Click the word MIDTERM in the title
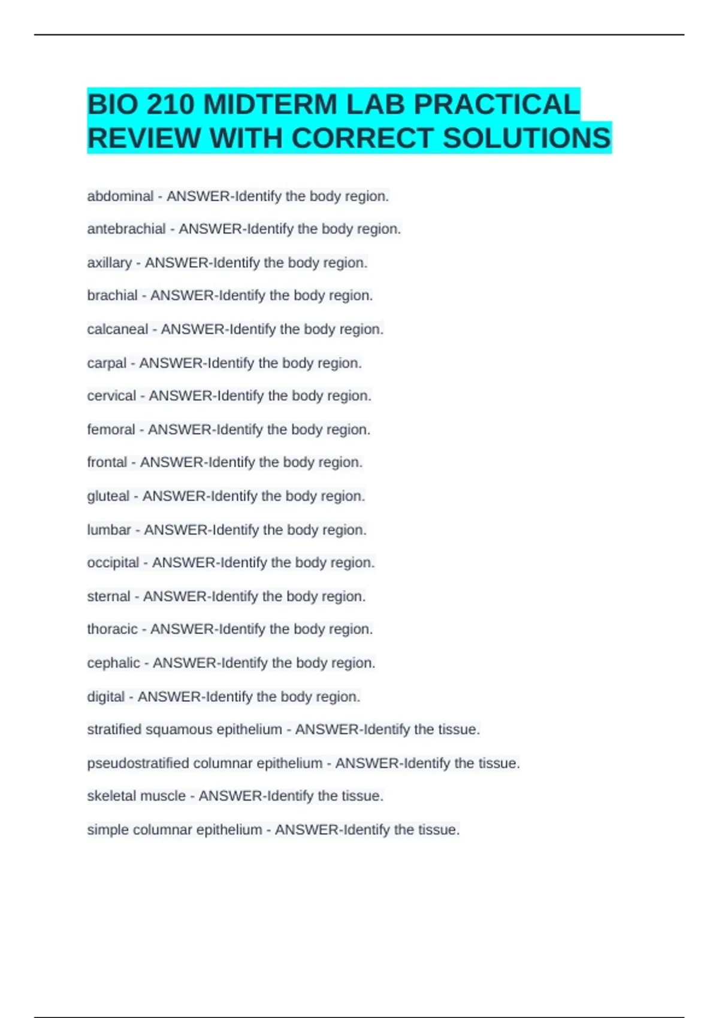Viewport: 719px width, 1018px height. click(x=270, y=105)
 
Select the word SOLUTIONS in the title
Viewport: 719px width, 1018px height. click(x=527, y=138)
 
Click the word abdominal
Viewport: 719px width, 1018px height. click(x=120, y=196)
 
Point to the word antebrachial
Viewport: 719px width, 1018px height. click(x=126, y=229)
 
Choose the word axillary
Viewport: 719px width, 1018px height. click(x=110, y=263)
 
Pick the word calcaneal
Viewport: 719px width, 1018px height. click(x=117, y=329)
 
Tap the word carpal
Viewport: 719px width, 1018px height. click(x=107, y=363)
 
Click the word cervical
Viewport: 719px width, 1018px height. click(x=111, y=396)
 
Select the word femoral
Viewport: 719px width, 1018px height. click(x=111, y=429)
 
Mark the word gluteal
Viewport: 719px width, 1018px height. click(x=108, y=496)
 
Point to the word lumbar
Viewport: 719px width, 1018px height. click(x=109, y=530)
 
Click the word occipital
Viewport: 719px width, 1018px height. click(x=113, y=563)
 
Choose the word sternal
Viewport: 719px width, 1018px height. click(x=108, y=596)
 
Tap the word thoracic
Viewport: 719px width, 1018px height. click(x=112, y=629)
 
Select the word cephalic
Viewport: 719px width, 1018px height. click(x=113, y=663)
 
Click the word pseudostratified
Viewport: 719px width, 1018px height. click(x=138, y=764)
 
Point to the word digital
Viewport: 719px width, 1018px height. click(x=106, y=697)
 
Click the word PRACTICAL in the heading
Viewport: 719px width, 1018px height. click(x=497, y=105)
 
